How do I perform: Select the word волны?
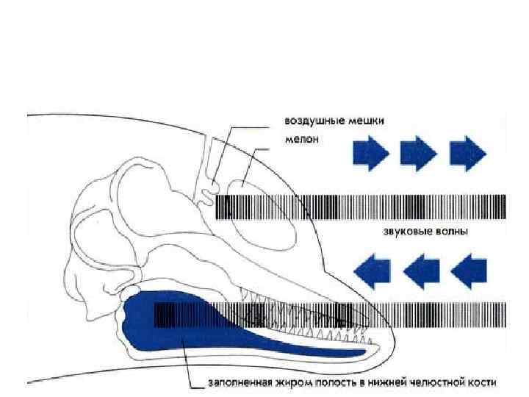click(x=452, y=232)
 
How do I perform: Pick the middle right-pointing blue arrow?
click(x=419, y=154)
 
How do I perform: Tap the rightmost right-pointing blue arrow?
click(x=467, y=154)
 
